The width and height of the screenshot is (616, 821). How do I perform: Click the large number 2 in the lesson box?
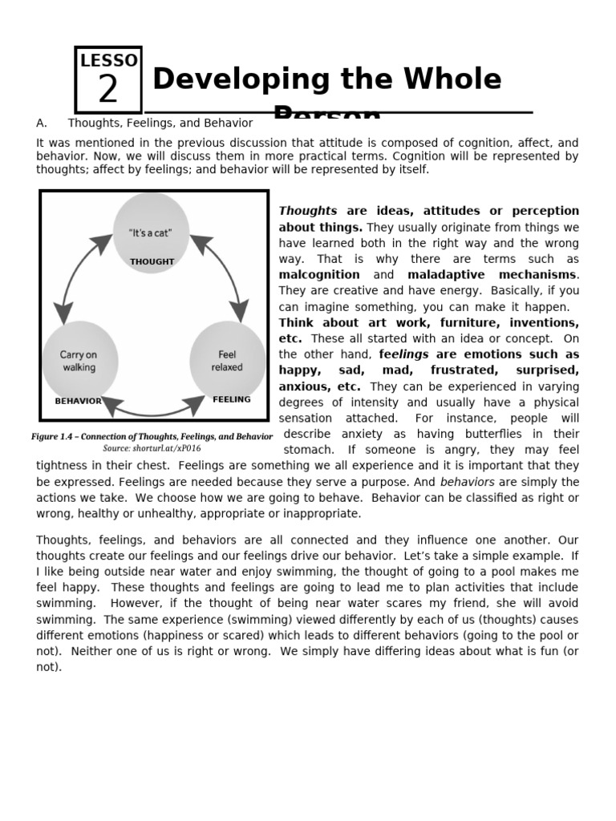click(x=107, y=90)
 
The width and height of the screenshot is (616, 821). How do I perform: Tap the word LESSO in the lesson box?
click(x=109, y=60)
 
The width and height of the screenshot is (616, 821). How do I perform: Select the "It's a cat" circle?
click(x=151, y=233)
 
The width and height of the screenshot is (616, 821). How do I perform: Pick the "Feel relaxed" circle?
click(x=227, y=361)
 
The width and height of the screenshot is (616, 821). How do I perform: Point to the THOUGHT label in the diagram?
click(x=152, y=261)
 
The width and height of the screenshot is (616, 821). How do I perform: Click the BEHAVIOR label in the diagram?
click(x=78, y=400)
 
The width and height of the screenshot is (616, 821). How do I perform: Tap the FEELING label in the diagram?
click(x=232, y=399)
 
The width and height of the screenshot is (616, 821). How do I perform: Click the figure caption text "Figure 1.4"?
click(x=57, y=436)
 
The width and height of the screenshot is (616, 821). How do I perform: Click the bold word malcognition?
click(x=319, y=275)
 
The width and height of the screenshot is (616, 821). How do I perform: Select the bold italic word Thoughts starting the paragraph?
click(x=308, y=211)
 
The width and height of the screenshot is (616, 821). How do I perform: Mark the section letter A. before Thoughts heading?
click(x=42, y=123)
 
